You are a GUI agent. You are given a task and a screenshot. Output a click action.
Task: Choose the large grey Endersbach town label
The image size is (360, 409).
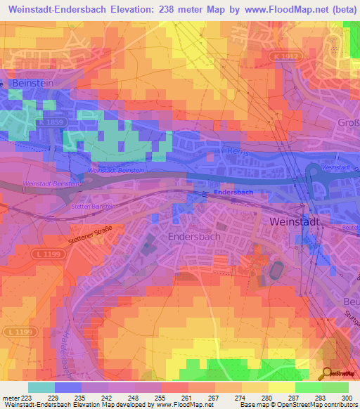pos(195,237)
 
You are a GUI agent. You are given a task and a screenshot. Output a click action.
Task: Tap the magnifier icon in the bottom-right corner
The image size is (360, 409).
pos(327,373)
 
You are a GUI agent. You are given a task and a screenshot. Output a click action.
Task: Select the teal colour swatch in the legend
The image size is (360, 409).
pos(41,387)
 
